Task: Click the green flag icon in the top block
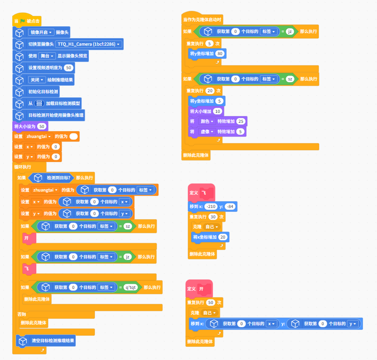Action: tap(22, 21)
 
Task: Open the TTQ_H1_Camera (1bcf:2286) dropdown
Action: tap(88, 44)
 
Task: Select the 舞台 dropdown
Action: tap(47, 56)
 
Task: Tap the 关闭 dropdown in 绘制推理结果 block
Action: tap(36, 80)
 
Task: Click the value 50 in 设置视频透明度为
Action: tap(68, 68)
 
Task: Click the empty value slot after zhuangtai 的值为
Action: tap(74, 136)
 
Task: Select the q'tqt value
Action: tap(130, 288)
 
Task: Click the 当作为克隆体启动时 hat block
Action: tap(202, 19)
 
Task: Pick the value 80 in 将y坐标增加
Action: tap(220, 54)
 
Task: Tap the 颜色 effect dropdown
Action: tap(206, 121)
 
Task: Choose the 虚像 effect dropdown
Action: tap(206, 132)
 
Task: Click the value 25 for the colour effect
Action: tap(241, 121)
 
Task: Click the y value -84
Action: tap(230, 207)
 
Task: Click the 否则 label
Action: tap(22, 314)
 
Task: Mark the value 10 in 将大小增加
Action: tap(217, 112)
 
